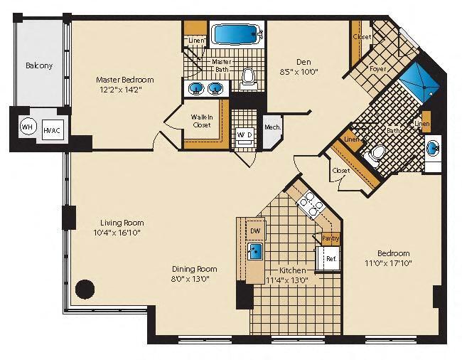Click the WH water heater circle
coord(27,127)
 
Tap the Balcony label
coord(39,66)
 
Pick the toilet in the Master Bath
coord(248,75)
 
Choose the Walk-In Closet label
coord(203,120)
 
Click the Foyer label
coord(377,69)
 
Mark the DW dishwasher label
coord(254,231)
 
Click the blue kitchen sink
coord(255,251)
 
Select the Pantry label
coord(331,239)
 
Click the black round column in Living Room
coord(85,289)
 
